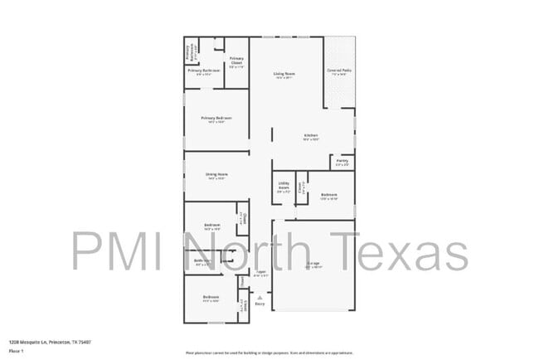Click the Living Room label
[285, 75]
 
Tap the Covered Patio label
[338, 71]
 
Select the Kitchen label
[311, 135]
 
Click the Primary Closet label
[236, 60]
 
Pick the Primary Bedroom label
[216, 118]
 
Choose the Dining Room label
[217, 174]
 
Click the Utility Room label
[284, 186]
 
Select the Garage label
[313, 265]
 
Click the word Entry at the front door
[260, 304]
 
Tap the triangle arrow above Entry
[260, 297]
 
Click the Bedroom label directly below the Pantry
[329, 195]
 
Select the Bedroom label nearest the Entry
[211, 296]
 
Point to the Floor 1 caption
[17, 352]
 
